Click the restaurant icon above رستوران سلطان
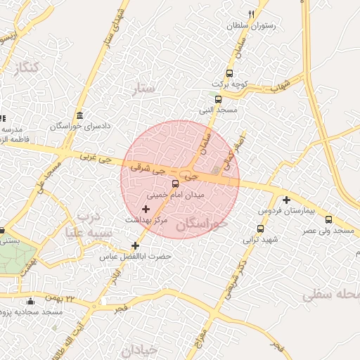click(251, 14)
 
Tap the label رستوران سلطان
click(251, 25)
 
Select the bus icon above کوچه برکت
click(229, 74)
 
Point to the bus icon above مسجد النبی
click(218, 99)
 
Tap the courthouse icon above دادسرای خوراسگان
click(79, 115)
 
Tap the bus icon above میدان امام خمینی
click(176, 184)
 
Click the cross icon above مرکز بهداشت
click(146, 209)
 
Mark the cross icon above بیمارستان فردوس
click(286, 200)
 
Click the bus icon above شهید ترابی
click(261, 229)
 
